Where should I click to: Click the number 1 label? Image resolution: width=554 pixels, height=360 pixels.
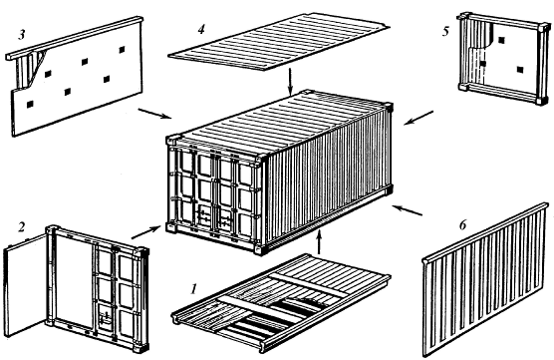coord(193,289)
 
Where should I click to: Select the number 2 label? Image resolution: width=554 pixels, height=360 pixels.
coord(22,227)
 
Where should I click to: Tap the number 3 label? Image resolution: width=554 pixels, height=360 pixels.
coord(22,34)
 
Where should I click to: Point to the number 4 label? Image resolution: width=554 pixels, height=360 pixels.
coord(201,29)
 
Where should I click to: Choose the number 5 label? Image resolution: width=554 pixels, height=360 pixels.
coord(445,32)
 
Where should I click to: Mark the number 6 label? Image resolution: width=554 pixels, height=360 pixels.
coord(463,225)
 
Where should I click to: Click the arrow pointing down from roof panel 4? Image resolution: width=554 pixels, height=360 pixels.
coord(290,82)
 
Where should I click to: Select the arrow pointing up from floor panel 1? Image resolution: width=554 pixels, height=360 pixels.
coord(319,242)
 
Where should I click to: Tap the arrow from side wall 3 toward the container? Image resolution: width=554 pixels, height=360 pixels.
coord(154,114)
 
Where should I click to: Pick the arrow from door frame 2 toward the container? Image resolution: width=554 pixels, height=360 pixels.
coord(145,232)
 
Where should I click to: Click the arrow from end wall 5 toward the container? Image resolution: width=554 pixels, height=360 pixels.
coord(418,118)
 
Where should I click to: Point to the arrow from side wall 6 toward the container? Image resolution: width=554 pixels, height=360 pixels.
coord(408,209)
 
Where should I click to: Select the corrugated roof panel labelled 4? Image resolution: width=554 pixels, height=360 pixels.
coord(279,41)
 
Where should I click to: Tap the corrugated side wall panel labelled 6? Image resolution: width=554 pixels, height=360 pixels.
coord(485,279)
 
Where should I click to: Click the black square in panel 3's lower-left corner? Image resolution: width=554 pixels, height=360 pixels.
coord(30,105)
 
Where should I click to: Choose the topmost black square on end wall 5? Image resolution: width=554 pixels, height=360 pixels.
coord(501,40)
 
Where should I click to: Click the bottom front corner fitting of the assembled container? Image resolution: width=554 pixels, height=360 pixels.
coord(260,249)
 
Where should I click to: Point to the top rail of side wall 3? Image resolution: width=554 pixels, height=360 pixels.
coord(75,37)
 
